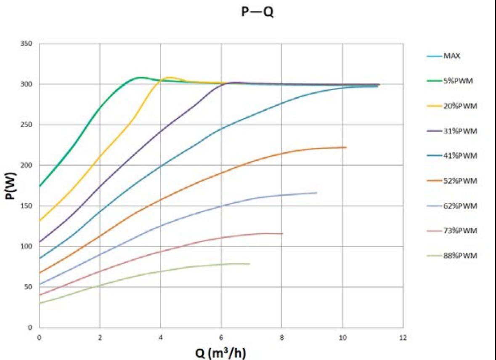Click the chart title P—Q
click(257, 12)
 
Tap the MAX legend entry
click(451, 56)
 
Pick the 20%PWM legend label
click(460, 106)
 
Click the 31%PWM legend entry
click(460, 131)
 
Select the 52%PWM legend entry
click(460, 181)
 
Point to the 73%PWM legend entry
click(460, 231)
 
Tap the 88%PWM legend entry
click(460, 256)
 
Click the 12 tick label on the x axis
click(403, 337)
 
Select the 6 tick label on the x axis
click(221, 337)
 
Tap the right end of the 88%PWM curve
click(250, 264)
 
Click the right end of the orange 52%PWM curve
click(346, 147)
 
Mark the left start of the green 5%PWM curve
click(40, 186)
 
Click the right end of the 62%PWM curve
click(316, 193)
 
